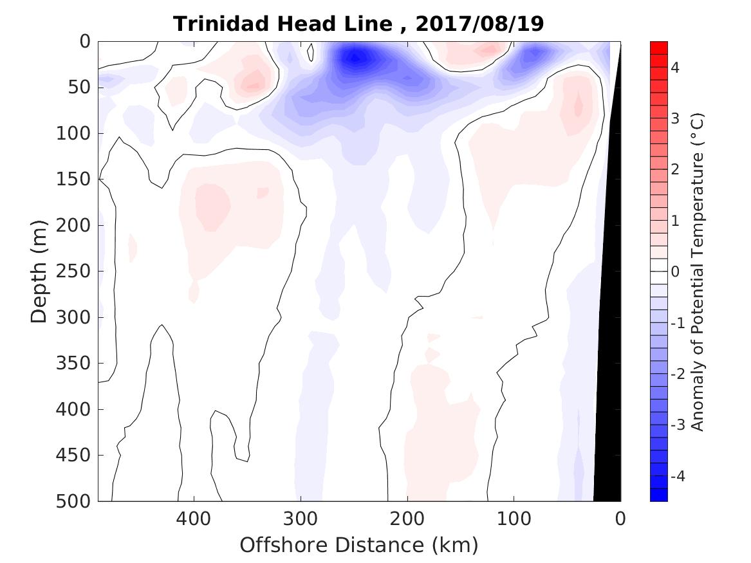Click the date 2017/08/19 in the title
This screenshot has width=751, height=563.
tap(479, 24)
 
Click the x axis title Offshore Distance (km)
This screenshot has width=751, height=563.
tap(359, 545)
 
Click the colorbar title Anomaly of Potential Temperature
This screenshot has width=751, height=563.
tap(698, 271)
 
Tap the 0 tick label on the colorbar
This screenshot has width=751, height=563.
tap(675, 272)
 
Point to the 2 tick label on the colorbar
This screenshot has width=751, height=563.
tap(675, 169)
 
